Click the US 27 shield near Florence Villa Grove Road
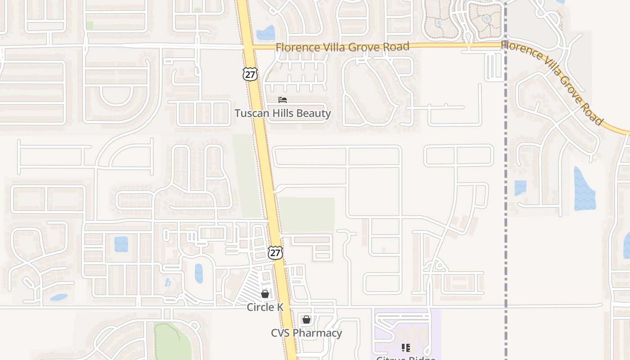pyautogui.click(x=250, y=74)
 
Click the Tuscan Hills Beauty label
pyautogui.click(x=283, y=113)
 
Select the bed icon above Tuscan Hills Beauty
pyautogui.click(x=283, y=99)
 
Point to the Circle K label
pyautogui.click(x=265, y=307)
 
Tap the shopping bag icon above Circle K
pyautogui.click(x=265, y=294)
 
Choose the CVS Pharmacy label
pyautogui.click(x=306, y=333)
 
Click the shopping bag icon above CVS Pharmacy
pyautogui.click(x=306, y=319)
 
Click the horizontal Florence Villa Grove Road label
pyautogui.click(x=342, y=47)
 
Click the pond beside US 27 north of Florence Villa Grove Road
pyautogui.click(x=265, y=33)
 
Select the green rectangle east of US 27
pyautogui.click(x=307, y=215)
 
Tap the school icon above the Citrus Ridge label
pyautogui.click(x=406, y=347)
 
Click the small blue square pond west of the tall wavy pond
pyautogui.click(x=520, y=188)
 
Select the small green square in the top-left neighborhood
pyautogui.click(x=90, y=25)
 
